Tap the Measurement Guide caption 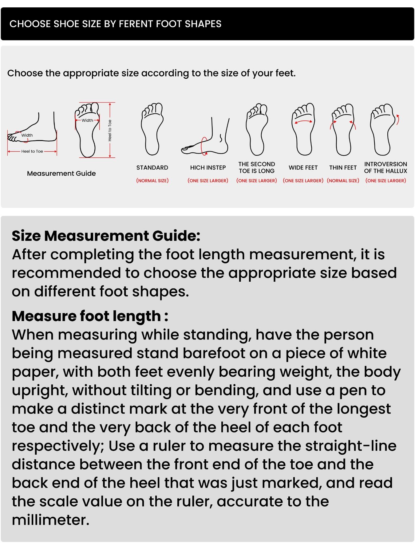(61, 174)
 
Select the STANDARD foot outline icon (152, 129)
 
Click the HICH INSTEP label (208, 168)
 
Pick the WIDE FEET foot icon (303, 129)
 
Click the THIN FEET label (343, 168)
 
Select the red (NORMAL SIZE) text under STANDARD (152, 181)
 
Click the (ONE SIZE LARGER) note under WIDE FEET (303, 181)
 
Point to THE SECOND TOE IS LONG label (257, 167)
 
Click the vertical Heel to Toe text (110, 130)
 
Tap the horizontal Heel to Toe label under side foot (32, 151)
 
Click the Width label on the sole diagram (87, 120)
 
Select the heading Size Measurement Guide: (106, 236)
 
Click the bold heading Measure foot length (90, 316)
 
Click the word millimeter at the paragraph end (50, 520)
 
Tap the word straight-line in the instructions (351, 446)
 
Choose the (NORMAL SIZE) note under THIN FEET (343, 181)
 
